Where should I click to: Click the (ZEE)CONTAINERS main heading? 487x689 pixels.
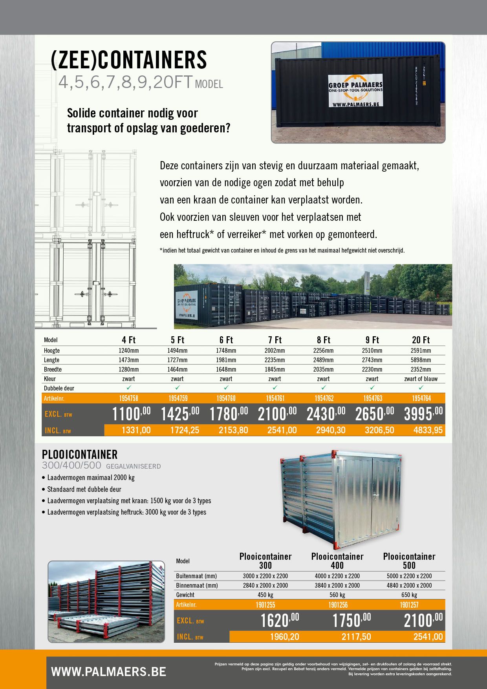point(129,60)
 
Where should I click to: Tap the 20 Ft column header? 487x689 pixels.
point(421,340)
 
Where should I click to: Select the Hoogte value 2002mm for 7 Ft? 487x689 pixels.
point(275,350)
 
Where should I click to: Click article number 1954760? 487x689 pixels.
point(226,398)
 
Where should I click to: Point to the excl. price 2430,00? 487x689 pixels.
point(326,414)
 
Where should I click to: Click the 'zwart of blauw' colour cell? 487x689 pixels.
point(421,379)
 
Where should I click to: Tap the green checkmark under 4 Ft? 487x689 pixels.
point(128,388)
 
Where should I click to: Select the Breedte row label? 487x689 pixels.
point(53,370)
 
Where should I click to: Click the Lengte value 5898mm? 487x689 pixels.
point(421,360)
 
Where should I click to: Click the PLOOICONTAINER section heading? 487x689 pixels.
point(80,454)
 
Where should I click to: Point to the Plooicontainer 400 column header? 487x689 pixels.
point(337,561)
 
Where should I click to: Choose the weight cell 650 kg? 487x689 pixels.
point(409,595)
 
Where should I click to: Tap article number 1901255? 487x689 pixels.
point(265,605)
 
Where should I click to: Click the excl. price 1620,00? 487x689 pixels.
point(279,621)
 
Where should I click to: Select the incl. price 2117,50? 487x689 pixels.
point(356,637)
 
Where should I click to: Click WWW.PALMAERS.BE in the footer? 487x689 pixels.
point(108,672)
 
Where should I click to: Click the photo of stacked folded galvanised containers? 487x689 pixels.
point(106,601)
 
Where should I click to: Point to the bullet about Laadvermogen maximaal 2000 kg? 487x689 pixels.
point(91,478)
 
